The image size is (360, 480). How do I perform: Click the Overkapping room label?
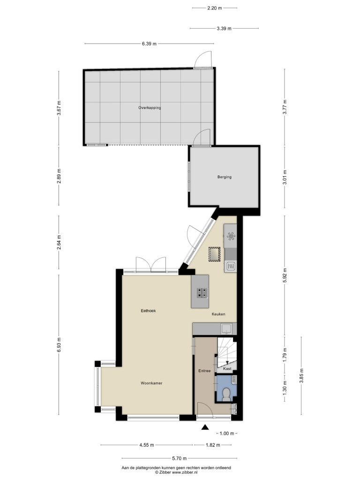[x=150, y=108]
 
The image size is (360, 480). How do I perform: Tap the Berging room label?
[x=225, y=177]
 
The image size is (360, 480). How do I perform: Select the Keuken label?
[x=218, y=314]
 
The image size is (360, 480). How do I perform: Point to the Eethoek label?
[x=148, y=311]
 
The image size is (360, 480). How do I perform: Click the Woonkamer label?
[x=151, y=383]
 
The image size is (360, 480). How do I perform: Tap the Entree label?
[x=204, y=371]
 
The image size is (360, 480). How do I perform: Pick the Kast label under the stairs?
[x=227, y=368]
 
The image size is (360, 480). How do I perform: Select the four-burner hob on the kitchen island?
[x=202, y=293]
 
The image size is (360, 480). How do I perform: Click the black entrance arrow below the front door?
[x=205, y=427]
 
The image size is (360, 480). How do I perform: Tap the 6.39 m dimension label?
[x=149, y=44]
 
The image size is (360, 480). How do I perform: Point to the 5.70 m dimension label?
[x=179, y=458]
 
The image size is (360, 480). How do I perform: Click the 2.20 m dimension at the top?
[x=215, y=8]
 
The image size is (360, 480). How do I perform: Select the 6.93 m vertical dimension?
[x=59, y=345]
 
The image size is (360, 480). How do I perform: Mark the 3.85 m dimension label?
[x=301, y=376]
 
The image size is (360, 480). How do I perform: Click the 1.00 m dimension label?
[x=227, y=433]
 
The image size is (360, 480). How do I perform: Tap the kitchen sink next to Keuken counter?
[x=226, y=329]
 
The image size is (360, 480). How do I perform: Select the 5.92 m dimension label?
[x=285, y=276]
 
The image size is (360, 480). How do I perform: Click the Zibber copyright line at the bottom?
[x=176, y=472]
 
